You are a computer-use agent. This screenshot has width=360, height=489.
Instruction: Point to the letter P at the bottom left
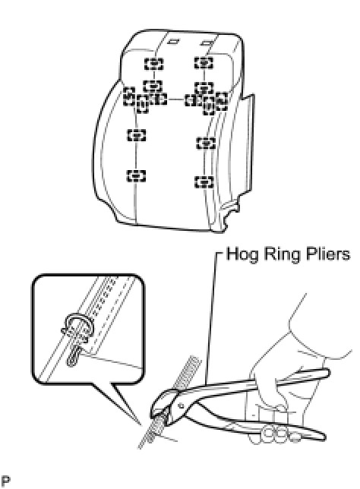point(5,481)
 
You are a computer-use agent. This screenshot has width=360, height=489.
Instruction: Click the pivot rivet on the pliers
point(181,405)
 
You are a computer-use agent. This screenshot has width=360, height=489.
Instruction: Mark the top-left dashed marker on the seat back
point(153,65)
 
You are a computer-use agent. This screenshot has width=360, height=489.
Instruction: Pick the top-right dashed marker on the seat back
point(204,63)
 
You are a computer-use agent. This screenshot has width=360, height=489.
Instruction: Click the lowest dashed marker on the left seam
point(136,175)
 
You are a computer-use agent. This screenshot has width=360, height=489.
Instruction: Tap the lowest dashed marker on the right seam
point(204,181)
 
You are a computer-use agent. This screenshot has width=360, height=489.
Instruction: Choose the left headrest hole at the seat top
point(172,40)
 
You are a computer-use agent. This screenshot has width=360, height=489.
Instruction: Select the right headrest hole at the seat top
point(207,43)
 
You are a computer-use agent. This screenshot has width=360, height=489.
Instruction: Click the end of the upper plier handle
point(327,372)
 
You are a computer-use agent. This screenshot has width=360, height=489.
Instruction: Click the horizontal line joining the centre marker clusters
point(175,99)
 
